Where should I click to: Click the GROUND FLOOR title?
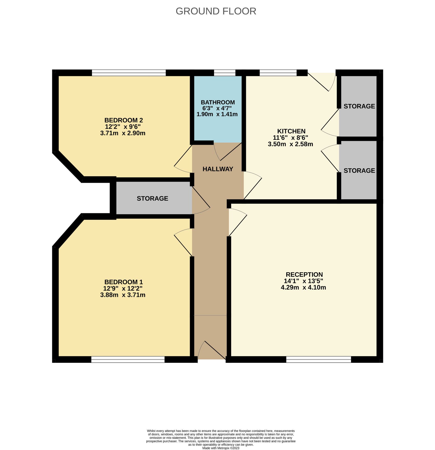(216, 11)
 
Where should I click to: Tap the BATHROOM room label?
(218, 102)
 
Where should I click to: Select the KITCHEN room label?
(291, 131)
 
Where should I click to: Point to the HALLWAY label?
(218, 169)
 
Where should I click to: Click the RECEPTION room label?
(304, 274)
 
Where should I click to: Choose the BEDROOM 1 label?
(123, 282)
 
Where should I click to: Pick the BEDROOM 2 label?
(123, 120)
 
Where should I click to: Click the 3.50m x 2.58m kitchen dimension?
(290, 144)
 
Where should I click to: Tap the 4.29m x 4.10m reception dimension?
(303, 287)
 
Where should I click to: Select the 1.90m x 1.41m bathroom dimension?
(217, 114)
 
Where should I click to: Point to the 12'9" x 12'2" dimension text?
(123, 288)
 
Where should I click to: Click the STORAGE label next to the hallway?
(152, 198)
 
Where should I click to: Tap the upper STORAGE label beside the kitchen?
(359, 106)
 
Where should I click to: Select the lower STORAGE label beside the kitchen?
(359, 170)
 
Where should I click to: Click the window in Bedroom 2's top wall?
(129, 73)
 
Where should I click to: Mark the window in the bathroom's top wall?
(225, 73)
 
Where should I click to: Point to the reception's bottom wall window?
(318, 359)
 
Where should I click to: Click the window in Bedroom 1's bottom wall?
(128, 359)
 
